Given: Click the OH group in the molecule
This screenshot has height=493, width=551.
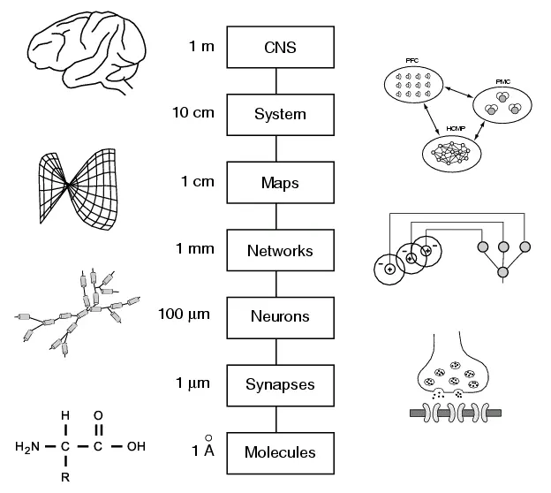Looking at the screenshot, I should [135, 445].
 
